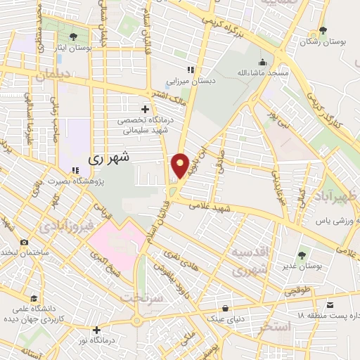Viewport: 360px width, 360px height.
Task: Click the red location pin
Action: tap(181, 165)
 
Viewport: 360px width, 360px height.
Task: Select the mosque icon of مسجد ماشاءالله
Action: tap(264, 62)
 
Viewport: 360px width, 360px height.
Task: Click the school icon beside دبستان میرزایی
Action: tap(190, 69)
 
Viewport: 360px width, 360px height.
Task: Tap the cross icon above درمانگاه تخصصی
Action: tap(146, 109)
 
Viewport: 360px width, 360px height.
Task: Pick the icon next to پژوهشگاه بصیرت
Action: tap(75, 171)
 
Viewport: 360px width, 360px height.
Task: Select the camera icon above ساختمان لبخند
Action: tap(25, 242)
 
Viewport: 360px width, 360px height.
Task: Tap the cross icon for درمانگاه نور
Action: tap(96, 329)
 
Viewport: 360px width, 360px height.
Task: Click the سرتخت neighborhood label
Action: tap(143, 297)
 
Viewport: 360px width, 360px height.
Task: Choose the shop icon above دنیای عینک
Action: tap(225, 308)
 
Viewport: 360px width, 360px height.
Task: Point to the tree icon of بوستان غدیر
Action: tap(302, 255)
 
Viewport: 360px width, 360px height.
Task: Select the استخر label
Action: tap(275, 326)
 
